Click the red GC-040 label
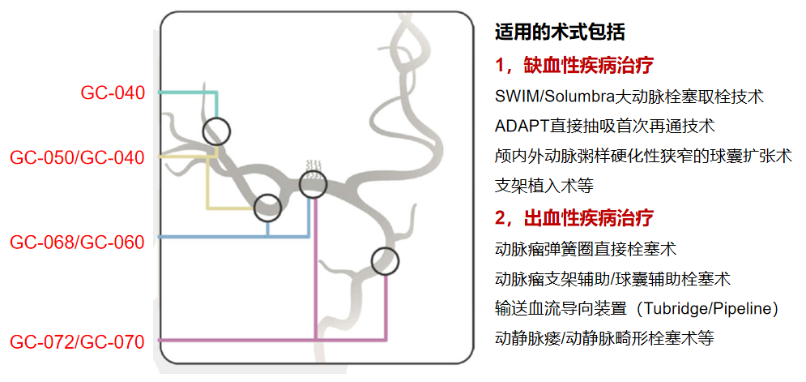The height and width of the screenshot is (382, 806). pyautogui.click(x=113, y=92)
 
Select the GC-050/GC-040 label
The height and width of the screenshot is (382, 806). pyautogui.click(x=77, y=157)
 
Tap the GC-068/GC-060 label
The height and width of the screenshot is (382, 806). pyautogui.click(x=77, y=242)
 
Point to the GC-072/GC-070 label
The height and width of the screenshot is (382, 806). pyautogui.click(x=77, y=341)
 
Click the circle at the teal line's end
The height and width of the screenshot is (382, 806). pyautogui.click(x=216, y=118)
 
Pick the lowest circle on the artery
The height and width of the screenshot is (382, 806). pyautogui.click(x=385, y=247)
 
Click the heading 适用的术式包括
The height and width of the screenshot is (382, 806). pyautogui.click(x=560, y=32)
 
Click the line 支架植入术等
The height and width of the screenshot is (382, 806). pyautogui.click(x=544, y=186)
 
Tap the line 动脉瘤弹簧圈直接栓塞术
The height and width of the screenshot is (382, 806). pyautogui.click(x=585, y=250)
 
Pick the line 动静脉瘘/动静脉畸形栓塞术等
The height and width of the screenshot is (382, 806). pyautogui.click(x=604, y=338)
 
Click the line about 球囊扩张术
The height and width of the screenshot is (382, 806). pyautogui.click(x=643, y=156)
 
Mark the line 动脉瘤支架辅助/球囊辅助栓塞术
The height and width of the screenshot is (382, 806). pyautogui.click(x=612, y=279)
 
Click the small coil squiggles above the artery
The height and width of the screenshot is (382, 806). pyautogui.click(x=314, y=169)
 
